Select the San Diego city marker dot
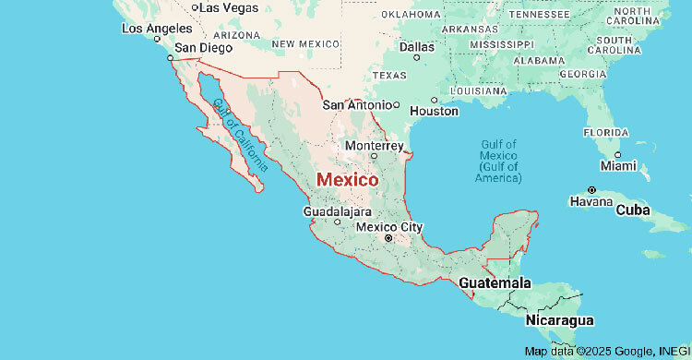[169, 57]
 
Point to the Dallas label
[417, 46]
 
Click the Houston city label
[434, 111]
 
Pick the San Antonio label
[357, 104]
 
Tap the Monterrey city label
[374, 146]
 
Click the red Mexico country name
[347, 180]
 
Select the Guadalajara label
[337, 211]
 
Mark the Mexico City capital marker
[388, 238]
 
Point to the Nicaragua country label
[558, 319]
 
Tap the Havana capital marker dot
[591, 189]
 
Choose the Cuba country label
[633, 210]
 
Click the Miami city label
[618, 166]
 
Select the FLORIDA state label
[605, 132]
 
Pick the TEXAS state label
[389, 75]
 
